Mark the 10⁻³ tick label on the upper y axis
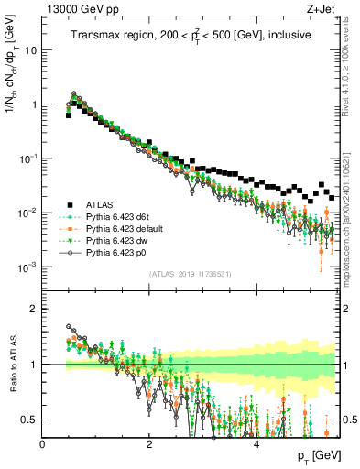tap(27, 267)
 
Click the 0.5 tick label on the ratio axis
tap(31, 420)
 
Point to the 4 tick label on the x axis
tap(256, 444)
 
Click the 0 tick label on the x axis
tap(43, 444)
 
